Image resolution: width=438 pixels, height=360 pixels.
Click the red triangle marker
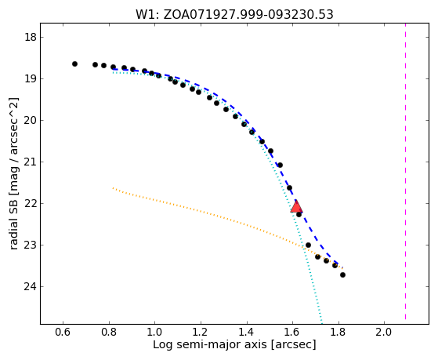coord(296,207)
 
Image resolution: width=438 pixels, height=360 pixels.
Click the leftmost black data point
coord(74,64)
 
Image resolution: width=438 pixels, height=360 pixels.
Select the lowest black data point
coord(342,275)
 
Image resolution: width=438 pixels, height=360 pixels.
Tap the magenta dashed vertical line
coord(405,172)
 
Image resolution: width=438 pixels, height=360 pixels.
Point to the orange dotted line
coord(228,224)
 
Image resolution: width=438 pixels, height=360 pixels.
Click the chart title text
coord(234,14)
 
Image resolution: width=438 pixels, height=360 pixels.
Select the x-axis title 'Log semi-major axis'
coord(210,344)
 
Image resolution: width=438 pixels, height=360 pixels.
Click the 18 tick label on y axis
coord(31,37)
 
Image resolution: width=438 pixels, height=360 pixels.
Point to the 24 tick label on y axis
coord(31,287)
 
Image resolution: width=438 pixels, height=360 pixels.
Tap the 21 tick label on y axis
coord(31,162)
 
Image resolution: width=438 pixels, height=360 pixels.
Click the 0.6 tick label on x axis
coord(63,333)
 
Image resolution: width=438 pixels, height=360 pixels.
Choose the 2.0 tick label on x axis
coord(384,333)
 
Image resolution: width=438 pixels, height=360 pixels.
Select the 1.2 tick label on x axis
coord(201,333)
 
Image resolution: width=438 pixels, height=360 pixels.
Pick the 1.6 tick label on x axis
coord(292,333)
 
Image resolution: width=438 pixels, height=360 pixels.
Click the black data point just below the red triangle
coord(299,215)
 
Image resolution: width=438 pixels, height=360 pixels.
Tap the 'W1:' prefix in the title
coord(147,15)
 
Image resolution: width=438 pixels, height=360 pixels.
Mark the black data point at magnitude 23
coord(308,245)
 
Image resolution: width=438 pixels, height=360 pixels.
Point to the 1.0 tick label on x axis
coord(154,333)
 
